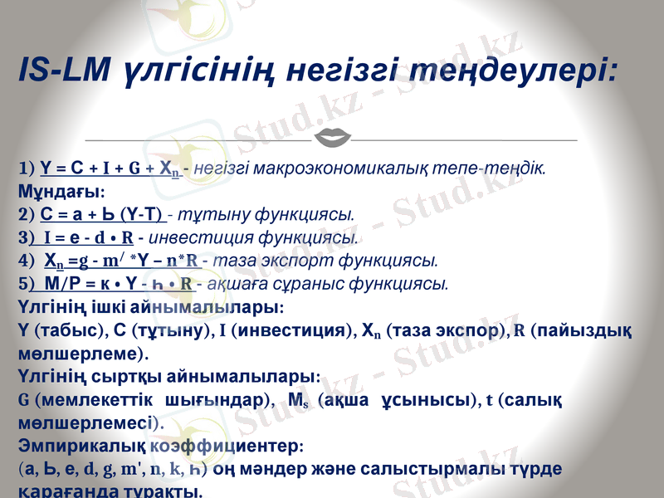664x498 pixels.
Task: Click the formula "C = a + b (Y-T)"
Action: click(x=103, y=214)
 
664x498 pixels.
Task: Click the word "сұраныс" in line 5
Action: click(x=302, y=285)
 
